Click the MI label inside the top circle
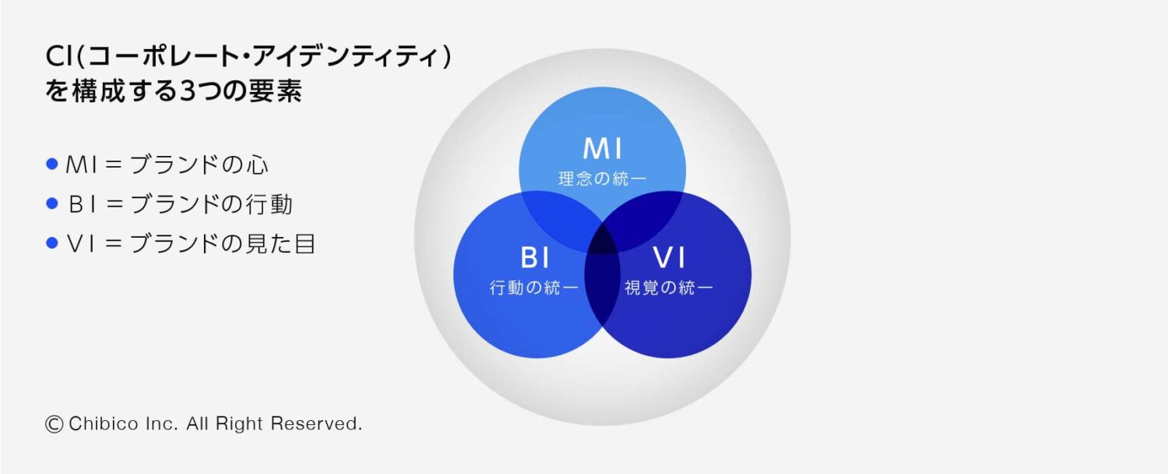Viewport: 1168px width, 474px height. click(602, 148)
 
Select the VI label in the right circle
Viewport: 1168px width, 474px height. click(669, 258)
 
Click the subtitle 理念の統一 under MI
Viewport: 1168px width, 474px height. click(602, 179)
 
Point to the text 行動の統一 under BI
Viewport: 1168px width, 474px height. click(534, 288)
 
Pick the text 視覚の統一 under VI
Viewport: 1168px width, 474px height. click(669, 288)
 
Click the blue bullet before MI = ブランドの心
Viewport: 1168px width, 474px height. click(52, 164)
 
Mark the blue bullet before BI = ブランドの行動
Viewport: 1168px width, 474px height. click(52, 203)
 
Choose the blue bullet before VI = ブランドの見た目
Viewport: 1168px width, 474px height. click(52, 242)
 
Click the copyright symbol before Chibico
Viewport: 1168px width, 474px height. click(54, 424)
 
